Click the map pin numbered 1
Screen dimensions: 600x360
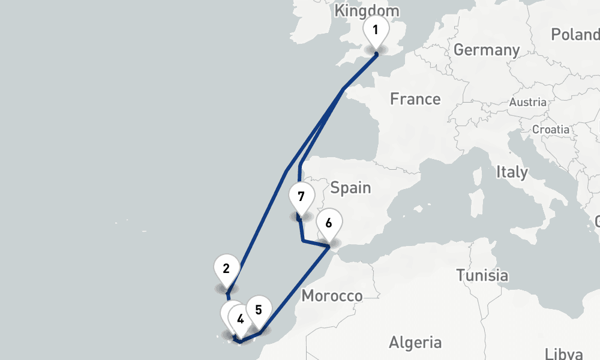376,30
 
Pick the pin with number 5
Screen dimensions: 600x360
259,311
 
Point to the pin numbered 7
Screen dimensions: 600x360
301,197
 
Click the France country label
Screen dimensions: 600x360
415,99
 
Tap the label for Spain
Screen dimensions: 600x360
351,188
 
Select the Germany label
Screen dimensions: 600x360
487,50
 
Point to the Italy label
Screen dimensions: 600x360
512,173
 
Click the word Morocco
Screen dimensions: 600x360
332,296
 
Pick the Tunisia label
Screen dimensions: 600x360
482,276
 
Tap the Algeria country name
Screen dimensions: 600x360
415,343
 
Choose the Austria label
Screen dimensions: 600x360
528,102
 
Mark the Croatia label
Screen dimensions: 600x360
551,129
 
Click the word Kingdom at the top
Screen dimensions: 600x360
367,11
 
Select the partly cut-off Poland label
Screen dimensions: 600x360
575,34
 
